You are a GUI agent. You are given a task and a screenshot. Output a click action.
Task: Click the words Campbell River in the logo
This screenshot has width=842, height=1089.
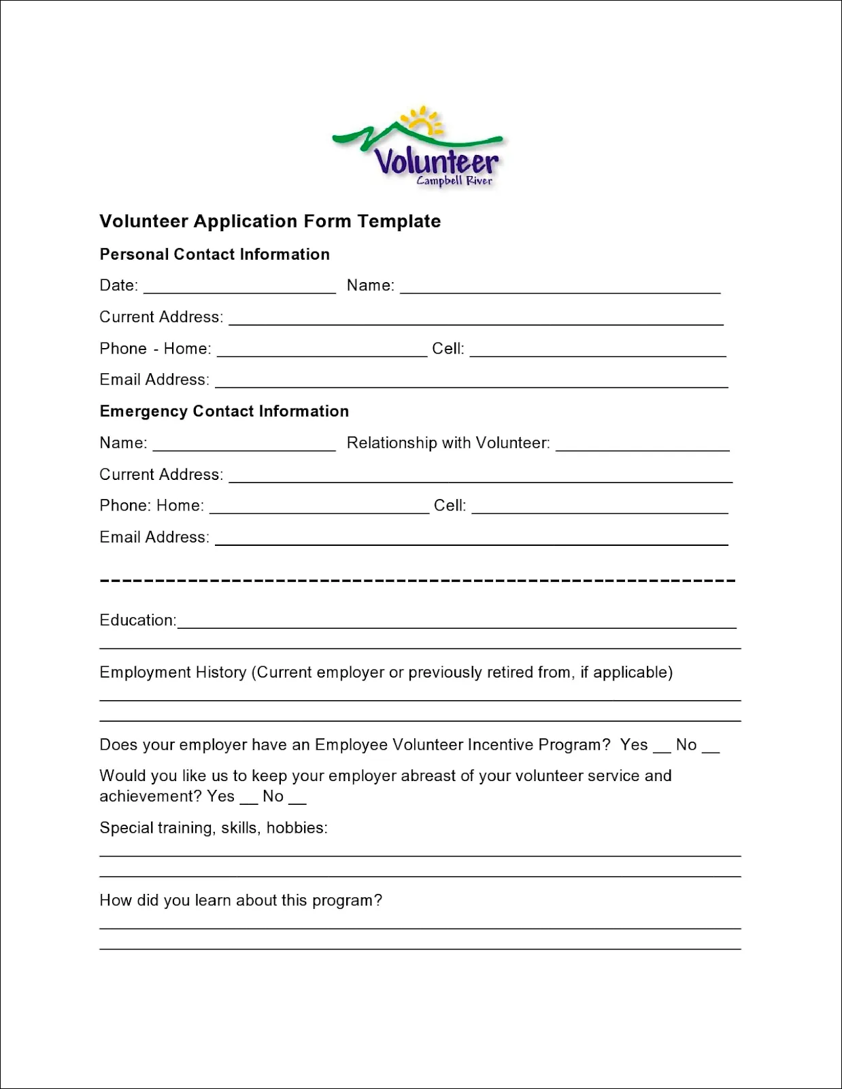click(x=454, y=181)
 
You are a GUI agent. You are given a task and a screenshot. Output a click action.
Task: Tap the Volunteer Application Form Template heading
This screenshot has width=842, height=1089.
click(x=270, y=222)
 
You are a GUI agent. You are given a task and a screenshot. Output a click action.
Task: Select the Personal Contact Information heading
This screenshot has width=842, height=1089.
click(x=214, y=254)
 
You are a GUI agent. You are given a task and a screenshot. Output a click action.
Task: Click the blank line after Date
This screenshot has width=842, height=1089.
click(x=239, y=287)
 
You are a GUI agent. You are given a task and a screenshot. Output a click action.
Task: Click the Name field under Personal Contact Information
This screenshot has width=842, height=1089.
click(x=560, y=287)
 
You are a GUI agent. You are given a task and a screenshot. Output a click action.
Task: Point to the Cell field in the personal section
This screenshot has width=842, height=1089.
click(x=597, y=350)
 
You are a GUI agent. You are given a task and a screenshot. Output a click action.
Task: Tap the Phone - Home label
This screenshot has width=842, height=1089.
click(x=155, y=349)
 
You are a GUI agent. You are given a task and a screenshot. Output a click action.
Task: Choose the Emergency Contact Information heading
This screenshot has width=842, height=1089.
click(x=224, y=411)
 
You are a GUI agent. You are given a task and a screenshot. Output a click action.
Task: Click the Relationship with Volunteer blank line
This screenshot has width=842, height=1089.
click(x=642, y=445)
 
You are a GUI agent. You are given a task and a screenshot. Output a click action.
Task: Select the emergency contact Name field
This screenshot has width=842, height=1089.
click(x=244, y=445)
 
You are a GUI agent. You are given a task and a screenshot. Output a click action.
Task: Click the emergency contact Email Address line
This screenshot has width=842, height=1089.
click(x=471, y=539)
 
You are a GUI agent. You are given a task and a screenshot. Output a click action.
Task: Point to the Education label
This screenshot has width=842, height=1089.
click(x=137, y=620)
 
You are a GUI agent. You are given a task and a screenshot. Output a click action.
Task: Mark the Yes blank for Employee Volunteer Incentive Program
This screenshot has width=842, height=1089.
click(x=662, y=748)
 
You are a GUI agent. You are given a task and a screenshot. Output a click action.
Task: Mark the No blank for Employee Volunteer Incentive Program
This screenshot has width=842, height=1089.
click(x=710, y=748)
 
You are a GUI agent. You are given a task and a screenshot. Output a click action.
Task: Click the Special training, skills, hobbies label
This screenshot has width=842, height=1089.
click(x=213, y=828)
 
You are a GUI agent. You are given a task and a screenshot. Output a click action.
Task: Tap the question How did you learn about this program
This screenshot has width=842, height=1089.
click(x=240, y=901)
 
